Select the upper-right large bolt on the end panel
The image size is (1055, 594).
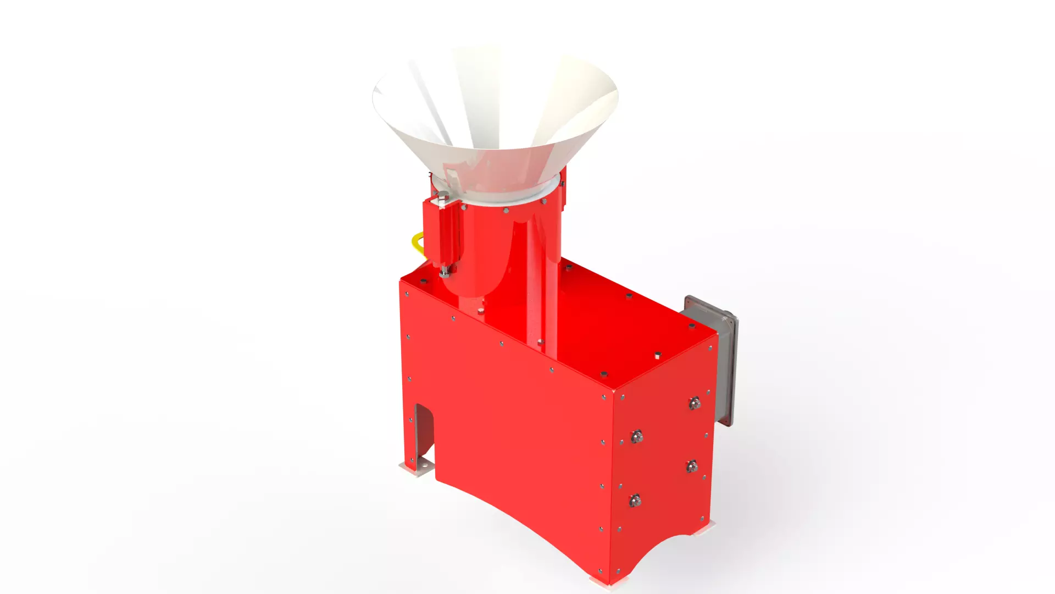[695, 403]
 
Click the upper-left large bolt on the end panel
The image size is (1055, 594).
[637, 437]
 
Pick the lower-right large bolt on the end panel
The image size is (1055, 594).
[692, 466]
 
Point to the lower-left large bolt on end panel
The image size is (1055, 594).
[635, 501]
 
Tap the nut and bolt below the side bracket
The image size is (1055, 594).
[444, 271]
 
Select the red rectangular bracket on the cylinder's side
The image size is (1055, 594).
[440, 234]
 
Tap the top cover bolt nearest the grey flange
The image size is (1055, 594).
[692, 327]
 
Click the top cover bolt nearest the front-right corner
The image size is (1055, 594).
[603, 375]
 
